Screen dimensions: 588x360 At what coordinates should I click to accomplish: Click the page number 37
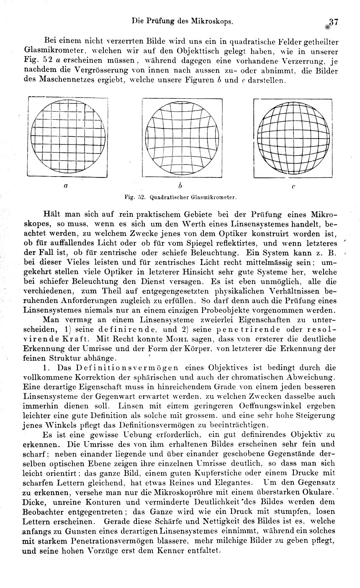pyautogui.click(x=333, y=21)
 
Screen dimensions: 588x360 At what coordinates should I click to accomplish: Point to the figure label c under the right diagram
pyautogui.click(x=293, y=187)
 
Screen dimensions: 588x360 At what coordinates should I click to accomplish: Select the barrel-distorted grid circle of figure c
pyautogui.click(x=293, y=138)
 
